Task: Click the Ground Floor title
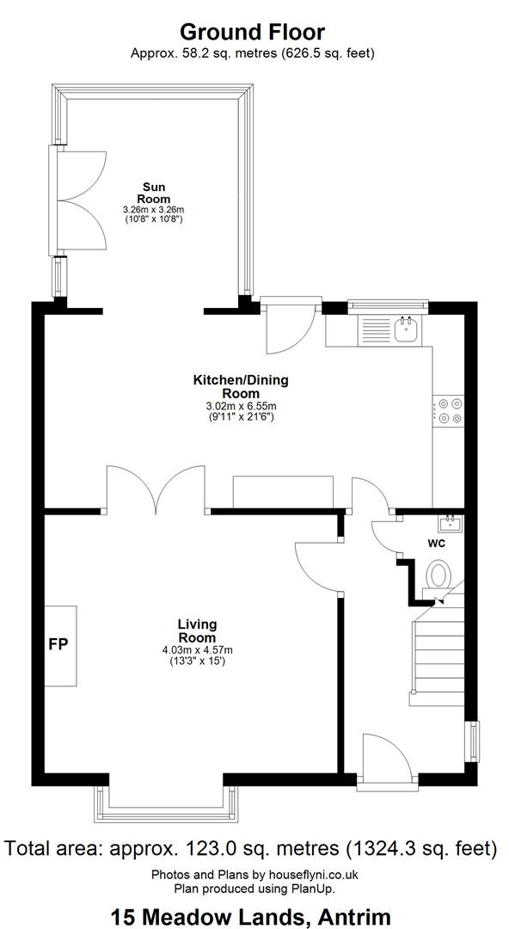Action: click(x=253, y=32)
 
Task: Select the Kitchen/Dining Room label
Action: click(x=241, y=386)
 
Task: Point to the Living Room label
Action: click(x=197, y=631)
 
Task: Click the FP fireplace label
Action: click(x=60, y=644)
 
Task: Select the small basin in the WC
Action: click(x=451, y=524)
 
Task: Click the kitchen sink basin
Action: click(x=407, y=329)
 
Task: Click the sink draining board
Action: click(x=375, y=330)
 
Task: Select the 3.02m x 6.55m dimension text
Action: click(x=241, y=406)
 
